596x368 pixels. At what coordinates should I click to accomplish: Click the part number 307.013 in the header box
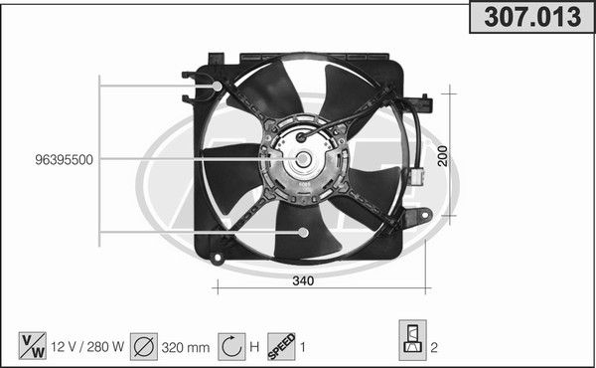532,17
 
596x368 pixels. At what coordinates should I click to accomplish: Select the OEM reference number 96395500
64,160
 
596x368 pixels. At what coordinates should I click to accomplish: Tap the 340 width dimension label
303,280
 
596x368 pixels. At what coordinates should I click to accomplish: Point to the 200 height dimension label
442,156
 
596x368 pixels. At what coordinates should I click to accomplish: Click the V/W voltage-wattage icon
33,346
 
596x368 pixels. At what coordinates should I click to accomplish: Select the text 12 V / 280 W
87,347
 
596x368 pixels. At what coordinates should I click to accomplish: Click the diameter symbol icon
144,346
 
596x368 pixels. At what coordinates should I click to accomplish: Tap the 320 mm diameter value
186,347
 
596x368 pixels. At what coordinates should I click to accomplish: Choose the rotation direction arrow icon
231,346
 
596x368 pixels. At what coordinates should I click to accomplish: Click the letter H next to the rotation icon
254,347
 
